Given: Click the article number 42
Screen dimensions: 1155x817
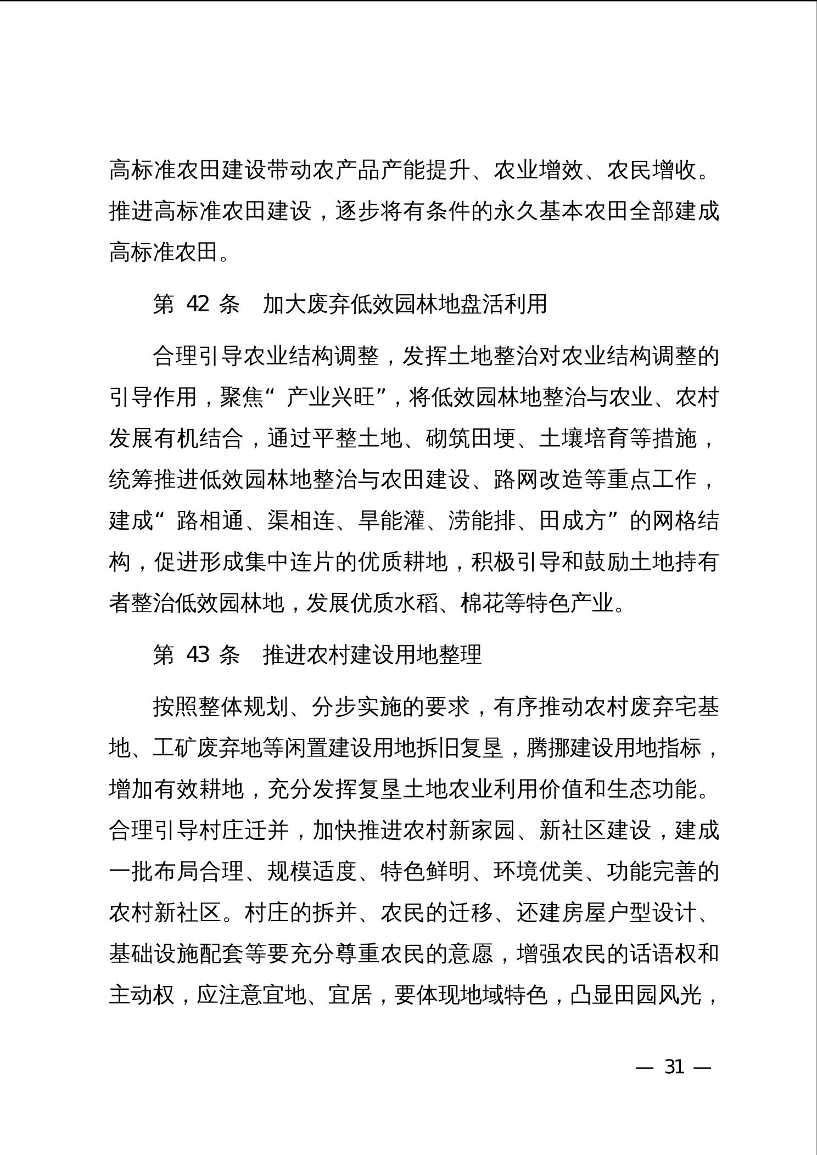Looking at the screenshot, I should tap(198, 304).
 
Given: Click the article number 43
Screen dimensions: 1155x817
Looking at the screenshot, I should tap(198, 654).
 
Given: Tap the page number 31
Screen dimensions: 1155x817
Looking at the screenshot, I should tap(674, 1067).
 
